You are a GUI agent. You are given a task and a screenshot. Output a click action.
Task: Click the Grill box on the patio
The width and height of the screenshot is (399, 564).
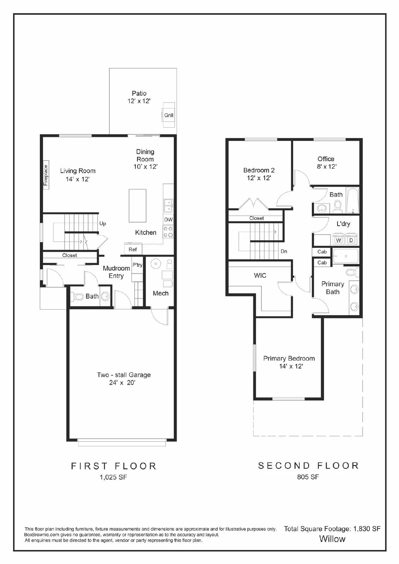click(169, 115)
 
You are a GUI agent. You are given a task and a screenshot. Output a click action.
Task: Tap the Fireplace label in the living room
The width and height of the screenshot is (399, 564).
click(46, 175)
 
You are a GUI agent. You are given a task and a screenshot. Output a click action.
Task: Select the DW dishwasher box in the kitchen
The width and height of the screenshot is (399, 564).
click(168, 219)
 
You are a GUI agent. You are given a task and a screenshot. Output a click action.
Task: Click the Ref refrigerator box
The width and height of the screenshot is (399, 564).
click(133, 249)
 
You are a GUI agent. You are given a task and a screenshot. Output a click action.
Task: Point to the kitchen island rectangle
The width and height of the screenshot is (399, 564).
click(138, 206)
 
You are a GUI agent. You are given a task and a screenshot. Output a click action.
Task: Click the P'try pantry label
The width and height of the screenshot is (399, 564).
click(137, 265)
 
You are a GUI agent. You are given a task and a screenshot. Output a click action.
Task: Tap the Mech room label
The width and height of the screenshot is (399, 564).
click(161, 293)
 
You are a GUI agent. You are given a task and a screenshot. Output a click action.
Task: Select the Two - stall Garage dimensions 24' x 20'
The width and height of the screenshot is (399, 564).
click(122, 383)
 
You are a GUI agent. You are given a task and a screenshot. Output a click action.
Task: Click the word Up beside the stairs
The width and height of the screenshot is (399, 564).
click(103, 223)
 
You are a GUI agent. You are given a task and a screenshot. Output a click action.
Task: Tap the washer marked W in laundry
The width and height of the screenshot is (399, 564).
click(339, 240)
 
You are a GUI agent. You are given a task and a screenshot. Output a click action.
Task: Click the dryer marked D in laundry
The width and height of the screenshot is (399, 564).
click(351, 240)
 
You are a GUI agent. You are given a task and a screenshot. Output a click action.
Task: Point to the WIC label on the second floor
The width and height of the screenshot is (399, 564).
click(260, 275)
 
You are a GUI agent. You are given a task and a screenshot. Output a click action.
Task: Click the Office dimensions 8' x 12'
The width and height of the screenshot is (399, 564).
click(326, 167)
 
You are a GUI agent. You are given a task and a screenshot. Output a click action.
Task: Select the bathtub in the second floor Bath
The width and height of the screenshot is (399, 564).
click(352, 201)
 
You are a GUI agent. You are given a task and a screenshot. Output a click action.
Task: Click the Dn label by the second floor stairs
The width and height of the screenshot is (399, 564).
click(284, 251)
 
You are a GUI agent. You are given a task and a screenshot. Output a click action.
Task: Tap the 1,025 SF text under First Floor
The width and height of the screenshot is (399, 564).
click(113, 477)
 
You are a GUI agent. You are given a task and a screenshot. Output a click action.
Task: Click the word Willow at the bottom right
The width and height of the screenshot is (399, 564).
click(332, 539)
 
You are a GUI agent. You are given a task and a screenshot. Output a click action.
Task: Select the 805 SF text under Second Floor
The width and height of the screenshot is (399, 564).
click(308, 477)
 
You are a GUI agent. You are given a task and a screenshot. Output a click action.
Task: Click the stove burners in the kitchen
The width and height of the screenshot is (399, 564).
click(168, 232)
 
